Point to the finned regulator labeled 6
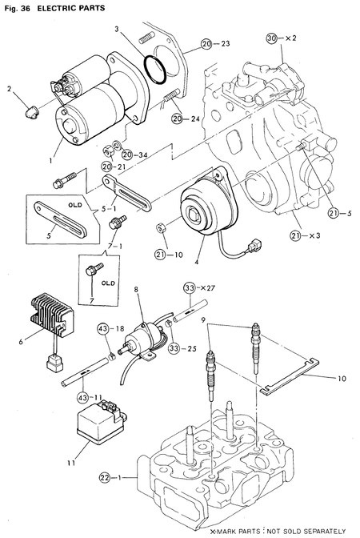pos(53,312)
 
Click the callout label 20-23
pos(214,42)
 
